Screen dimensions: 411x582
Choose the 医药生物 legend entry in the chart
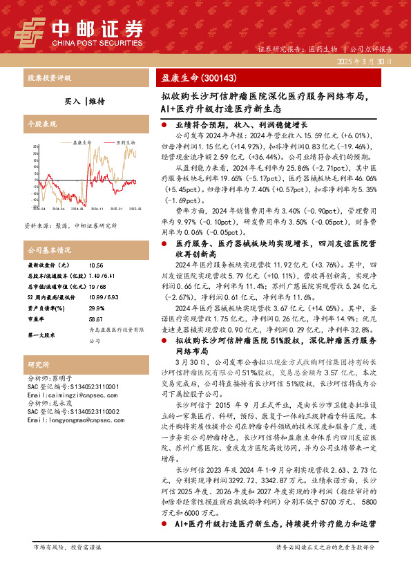point(106,143)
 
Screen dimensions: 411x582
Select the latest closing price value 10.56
point(95,265)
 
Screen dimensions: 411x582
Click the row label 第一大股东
point(41,335)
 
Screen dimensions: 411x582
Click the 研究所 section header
point(37,364)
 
